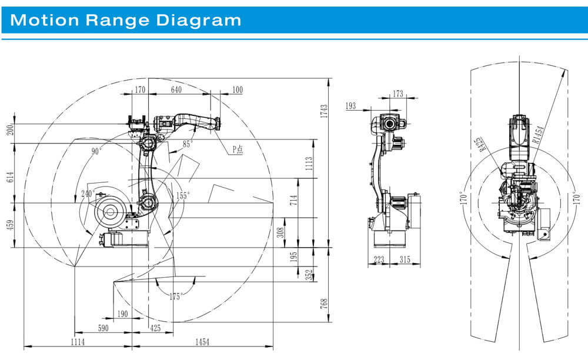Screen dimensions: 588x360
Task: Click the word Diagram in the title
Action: pyautogui.click(x=198, y=20)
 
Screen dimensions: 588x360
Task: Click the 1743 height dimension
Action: pyautogui.click(x=324, y=111)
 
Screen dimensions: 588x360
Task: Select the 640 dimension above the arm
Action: pyautogui.click(x=176, y=89)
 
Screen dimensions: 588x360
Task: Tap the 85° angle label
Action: pyautogui.click(x=188, y=144)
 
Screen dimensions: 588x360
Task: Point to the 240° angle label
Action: pyautogui.click(x=88, y=194)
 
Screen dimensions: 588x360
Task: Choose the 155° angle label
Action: pyautogui.click(x=183, y=196)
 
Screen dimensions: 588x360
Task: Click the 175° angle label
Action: pyautogui.click(x=176, y=296)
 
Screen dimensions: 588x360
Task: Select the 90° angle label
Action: pyautogui.click(x=96, y=151)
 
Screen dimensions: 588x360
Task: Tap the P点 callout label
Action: pyautogui.click(x=238, y=149)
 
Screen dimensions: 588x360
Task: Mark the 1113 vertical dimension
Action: pyautogui.click(x=309, y=164)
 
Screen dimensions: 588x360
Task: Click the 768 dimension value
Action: pyautogui.click(x=324, y=304)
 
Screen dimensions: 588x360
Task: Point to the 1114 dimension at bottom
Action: pyautogui.click(x=78, y=342)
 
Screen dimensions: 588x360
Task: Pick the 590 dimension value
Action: pyautogui.click(x=103, y=328)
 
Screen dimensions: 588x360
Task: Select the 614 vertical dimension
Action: pyautogui.click(x=10, y=178)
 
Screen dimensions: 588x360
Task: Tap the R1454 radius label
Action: pyautogui.click(x=538, y=135)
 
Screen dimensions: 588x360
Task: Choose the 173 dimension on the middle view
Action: pyautogui.click(x=398, y=94)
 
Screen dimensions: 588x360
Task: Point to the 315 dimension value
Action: pyautogui.click(x=405, y=259)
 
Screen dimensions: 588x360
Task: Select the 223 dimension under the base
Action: pyautogui.click(x=379, y=259)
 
